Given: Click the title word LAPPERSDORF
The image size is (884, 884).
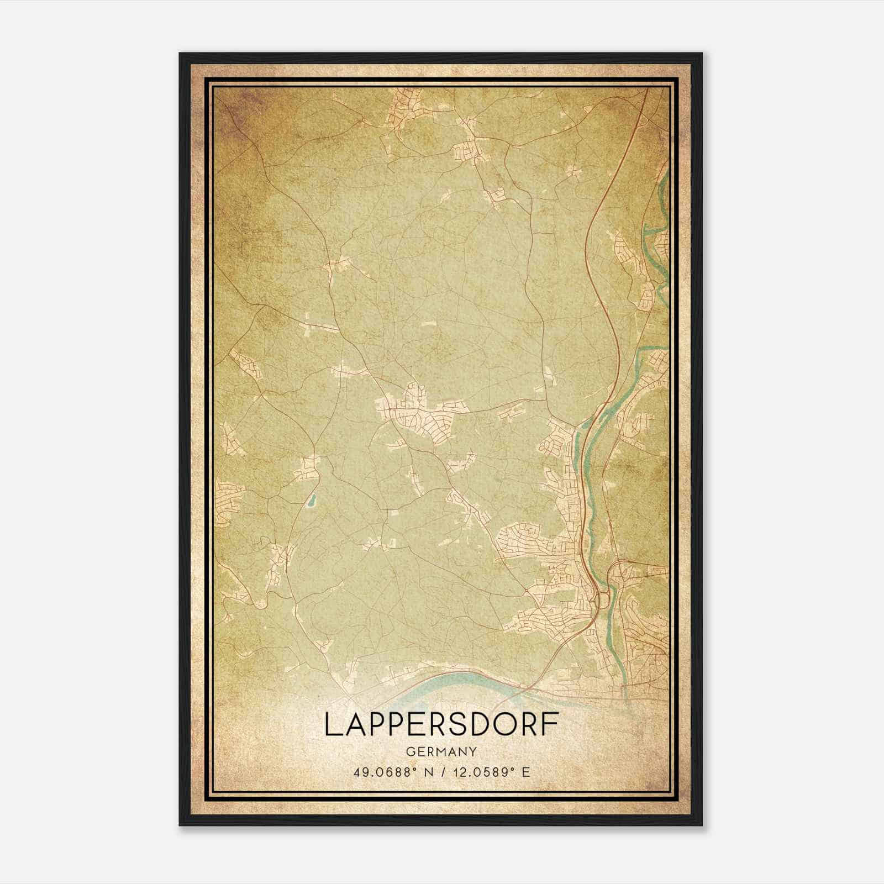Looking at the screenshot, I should [x=441, y=724].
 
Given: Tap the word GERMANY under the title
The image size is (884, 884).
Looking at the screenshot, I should [x=441, y=752].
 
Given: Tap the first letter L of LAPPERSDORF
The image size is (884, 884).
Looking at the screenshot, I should [x=331, y=724].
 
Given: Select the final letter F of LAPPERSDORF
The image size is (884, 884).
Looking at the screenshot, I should [x=550, y=724].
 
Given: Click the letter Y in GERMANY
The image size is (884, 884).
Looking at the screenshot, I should [x=472, y=752].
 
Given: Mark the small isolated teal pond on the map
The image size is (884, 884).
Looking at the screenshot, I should [x=311, y=501].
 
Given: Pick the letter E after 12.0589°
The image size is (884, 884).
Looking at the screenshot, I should [x=527, y=772].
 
